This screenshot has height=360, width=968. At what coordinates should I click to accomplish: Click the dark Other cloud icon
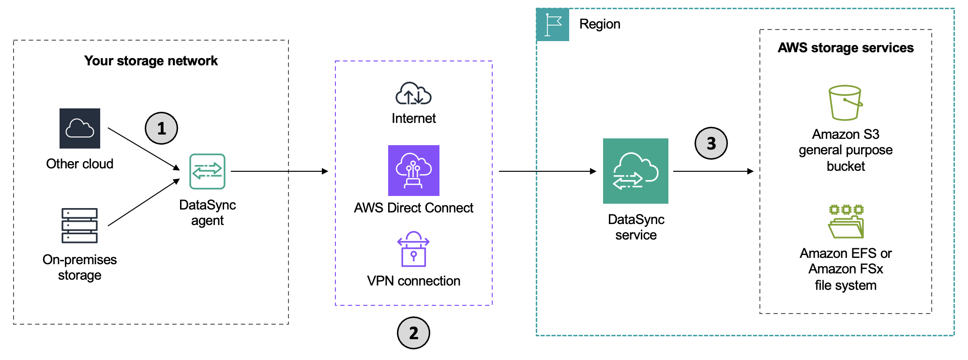point(80,128)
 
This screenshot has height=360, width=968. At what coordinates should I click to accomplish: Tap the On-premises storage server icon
point(79,225)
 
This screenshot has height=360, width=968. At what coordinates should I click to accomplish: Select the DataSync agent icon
point(207,171)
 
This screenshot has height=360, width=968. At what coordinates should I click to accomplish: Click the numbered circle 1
point(162,128)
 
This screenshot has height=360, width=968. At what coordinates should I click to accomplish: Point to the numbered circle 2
point(413,333)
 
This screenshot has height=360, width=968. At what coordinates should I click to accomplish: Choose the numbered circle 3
point(711,143)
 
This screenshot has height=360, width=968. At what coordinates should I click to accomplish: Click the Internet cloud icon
point(413,93)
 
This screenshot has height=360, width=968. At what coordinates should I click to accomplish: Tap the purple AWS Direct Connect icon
point(414,170)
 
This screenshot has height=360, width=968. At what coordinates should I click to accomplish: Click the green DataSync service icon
point(635,171)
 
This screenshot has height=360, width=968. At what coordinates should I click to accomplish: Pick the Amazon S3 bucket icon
point(845,103)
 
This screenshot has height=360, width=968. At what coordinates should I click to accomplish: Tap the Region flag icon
point(553,25)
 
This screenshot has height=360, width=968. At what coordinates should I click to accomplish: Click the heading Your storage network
point(151,61)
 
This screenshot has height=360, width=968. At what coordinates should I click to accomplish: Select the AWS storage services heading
point(846,48)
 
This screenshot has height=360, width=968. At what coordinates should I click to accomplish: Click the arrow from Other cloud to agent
point(143,149)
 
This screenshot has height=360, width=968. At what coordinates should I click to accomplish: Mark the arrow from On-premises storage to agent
point(143,202)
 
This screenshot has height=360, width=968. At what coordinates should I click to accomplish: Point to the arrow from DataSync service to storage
point(713,171)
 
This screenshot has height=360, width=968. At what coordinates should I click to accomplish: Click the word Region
point(600,24)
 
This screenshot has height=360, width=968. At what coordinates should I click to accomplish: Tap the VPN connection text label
point(413,281)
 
